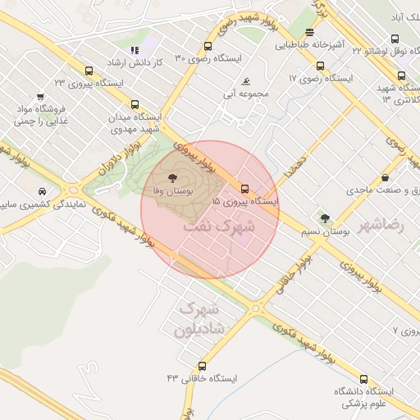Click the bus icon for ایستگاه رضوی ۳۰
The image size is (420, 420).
tap(208, 47)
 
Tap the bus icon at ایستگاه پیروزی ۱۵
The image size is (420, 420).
tap(245, 187)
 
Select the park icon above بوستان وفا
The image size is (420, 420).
tap(172, 178)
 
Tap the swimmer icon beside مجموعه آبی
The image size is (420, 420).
tap(246, 81)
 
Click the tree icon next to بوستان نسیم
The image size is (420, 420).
tap(326, 219)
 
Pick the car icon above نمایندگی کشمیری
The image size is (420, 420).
tap(42, 191)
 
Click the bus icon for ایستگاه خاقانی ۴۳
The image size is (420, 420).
tap(203, 366)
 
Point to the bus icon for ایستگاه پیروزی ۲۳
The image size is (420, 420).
tap(89, 70)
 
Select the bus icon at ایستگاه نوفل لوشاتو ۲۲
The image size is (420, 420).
tap(395, 39)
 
